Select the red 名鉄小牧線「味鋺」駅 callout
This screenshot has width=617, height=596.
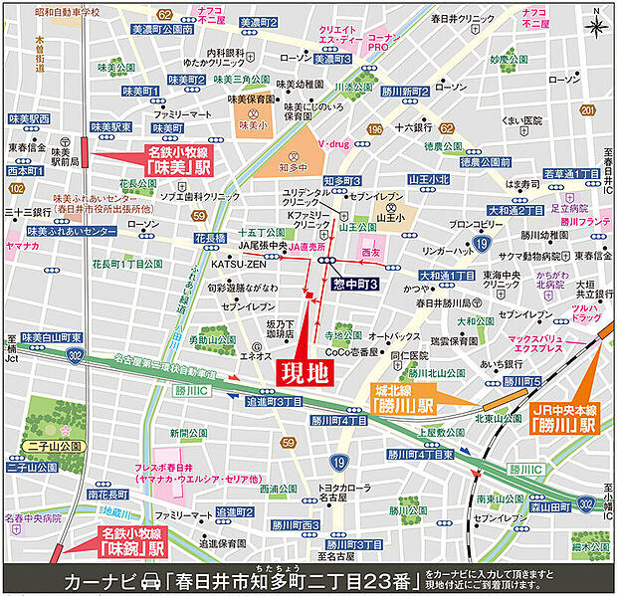tap(133, 541)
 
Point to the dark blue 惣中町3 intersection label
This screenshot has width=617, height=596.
tap(354, 285)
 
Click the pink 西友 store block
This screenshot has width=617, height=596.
tap(370, 254)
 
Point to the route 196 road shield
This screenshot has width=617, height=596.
tap(375, 129)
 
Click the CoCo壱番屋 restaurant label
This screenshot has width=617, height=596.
tap(354, 352)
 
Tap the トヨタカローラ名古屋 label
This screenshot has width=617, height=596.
tap(324, 494)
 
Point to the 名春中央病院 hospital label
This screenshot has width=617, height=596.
tap(33, 517)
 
